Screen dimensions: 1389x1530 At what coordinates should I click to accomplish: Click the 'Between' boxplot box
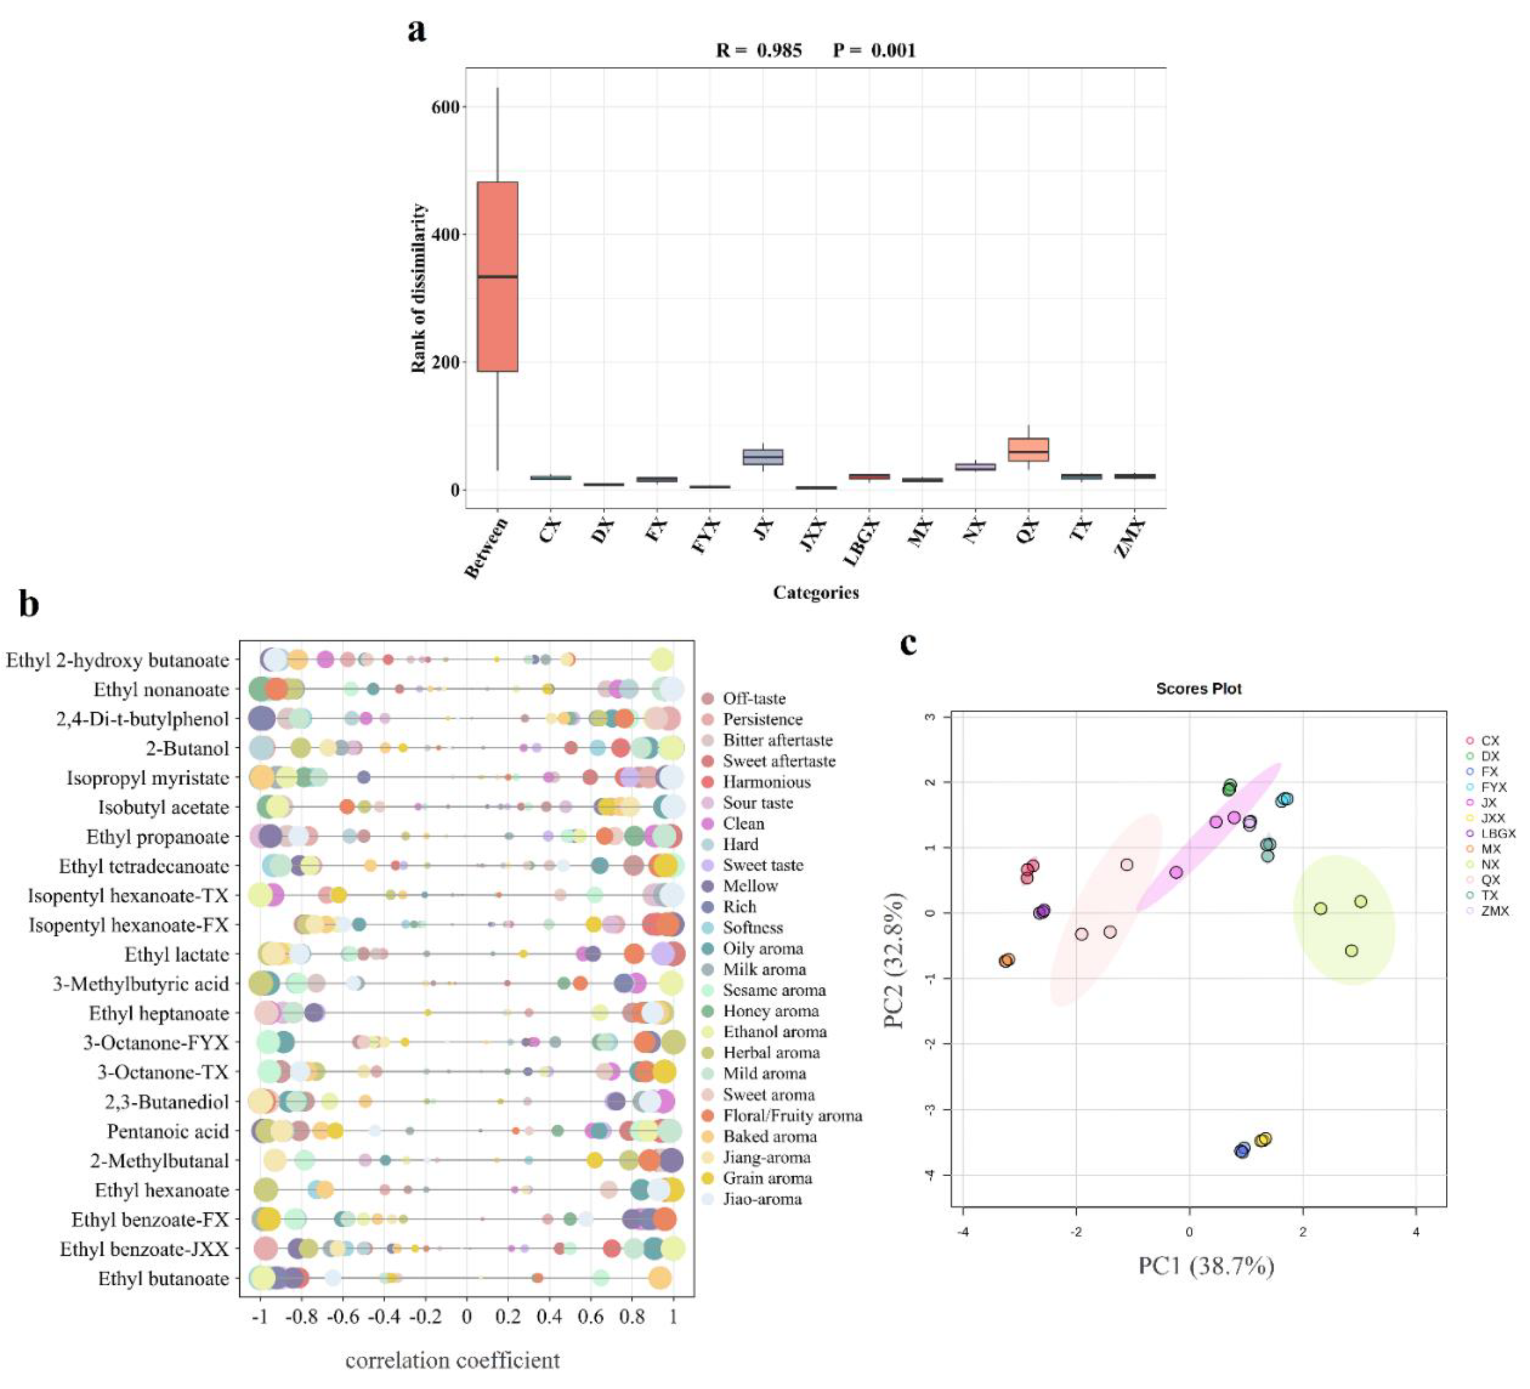click(497, 276)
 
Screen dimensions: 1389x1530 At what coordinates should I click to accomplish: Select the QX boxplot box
click(1028, 449)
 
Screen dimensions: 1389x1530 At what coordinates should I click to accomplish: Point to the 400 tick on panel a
click(445, 235)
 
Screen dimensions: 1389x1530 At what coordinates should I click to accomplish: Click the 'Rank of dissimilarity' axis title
click(418, 289)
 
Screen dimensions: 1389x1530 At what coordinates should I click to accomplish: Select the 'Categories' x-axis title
click(816, 593)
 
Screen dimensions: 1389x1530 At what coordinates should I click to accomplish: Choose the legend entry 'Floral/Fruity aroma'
click(792, 1115)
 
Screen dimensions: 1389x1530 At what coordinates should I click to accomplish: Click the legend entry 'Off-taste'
click(754, 698)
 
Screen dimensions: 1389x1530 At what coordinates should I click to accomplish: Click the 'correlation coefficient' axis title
click(452, 1360)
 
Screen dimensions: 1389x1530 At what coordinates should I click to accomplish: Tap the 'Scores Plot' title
click(1198, 688)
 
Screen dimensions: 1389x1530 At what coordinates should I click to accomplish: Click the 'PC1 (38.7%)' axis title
click(1205, 1265)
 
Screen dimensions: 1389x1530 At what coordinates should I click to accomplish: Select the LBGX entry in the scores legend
click(1497, 833)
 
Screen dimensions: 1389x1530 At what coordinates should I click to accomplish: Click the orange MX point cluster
click(1007, 960)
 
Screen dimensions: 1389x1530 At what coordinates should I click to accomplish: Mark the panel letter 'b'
click(29, 605)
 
